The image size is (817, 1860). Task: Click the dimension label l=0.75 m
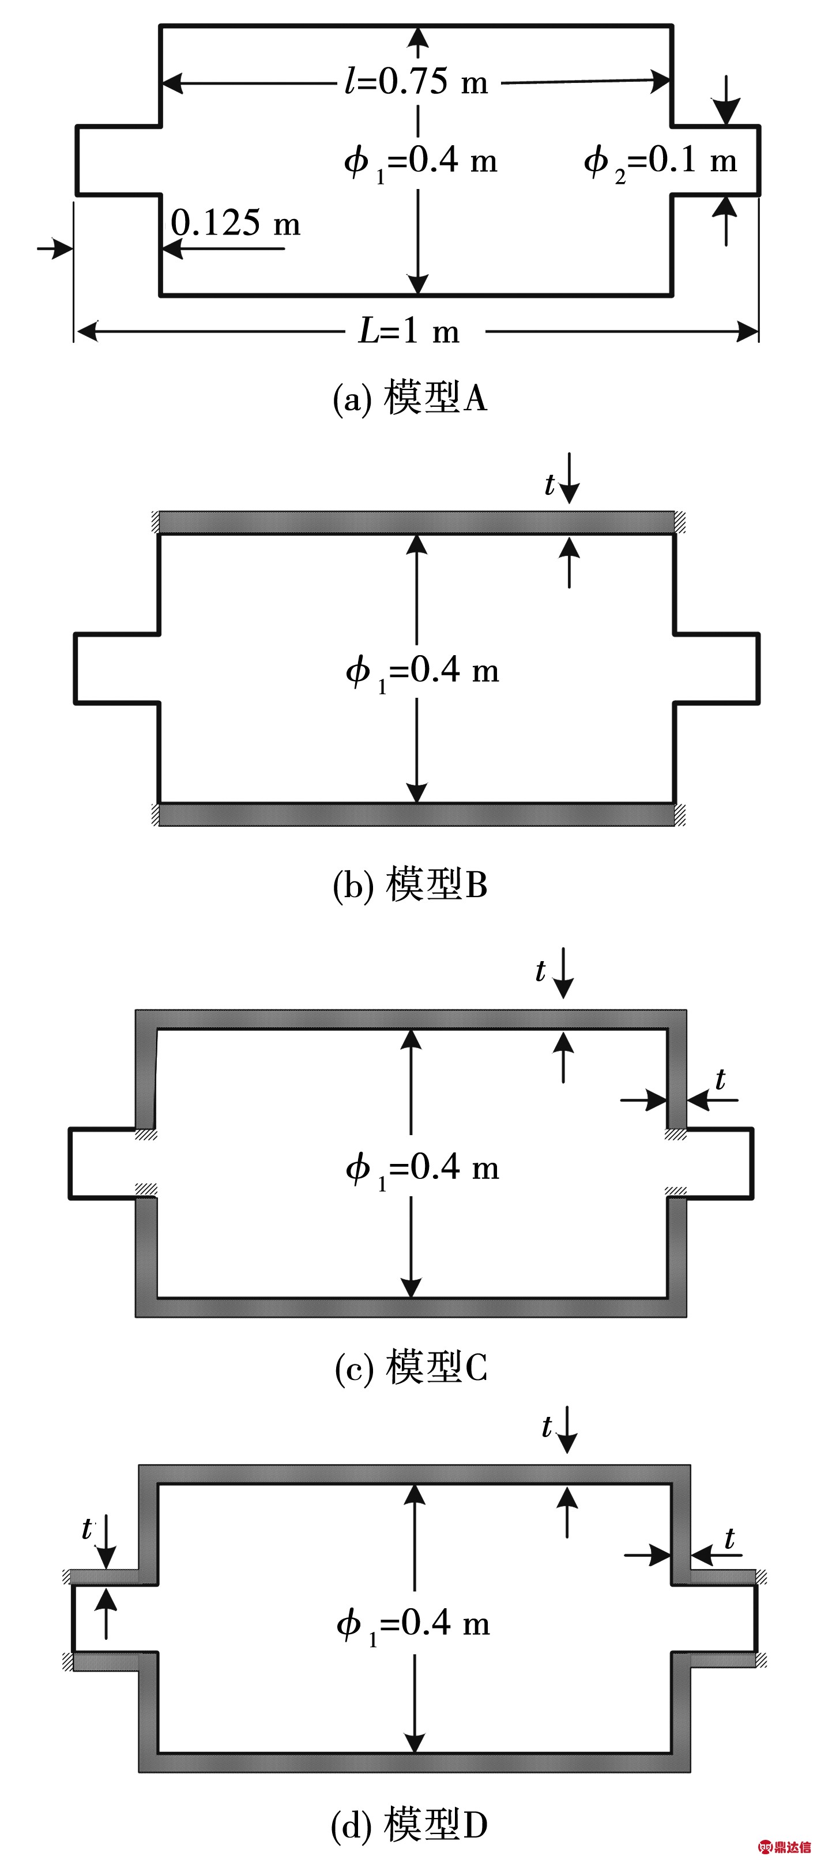tap(417, 82)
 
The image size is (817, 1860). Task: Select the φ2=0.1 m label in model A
tap(660, 161)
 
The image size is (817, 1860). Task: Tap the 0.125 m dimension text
tap(235, 223)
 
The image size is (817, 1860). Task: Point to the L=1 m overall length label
tap(409, 331)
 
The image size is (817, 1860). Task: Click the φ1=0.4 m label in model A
tap(420, 161)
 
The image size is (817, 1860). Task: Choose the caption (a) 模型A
tap(409, 398)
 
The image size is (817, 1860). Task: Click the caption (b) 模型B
tap(409, 885)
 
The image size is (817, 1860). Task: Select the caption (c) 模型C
tap(411, 1367)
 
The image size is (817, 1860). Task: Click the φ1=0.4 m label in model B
tap(422, 671)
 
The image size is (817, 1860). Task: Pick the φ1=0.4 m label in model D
tap(413, 1624)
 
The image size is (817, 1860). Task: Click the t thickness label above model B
tap(549, 485)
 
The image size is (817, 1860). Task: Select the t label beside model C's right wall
tap(720, 1080)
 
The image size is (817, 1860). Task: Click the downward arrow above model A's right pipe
tap(726, 101)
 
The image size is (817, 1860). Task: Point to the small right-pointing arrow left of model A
tap(55, 249)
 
